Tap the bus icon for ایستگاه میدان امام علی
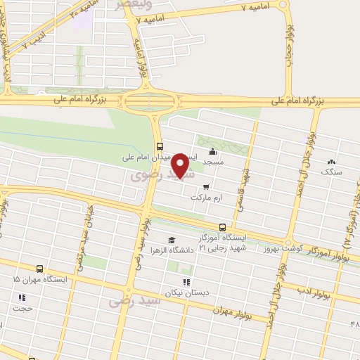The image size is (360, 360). tap(161, 146)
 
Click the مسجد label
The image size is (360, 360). tap(213, 162)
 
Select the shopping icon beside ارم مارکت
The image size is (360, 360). tap(205, 187)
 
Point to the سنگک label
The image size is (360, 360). tap(329, 171)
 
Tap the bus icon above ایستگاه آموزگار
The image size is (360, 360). tap(222, 227)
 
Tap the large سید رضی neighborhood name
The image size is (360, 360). tap(135, 302)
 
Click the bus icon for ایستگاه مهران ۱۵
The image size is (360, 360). tap(39, 269)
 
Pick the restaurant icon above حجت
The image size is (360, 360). tap(20, 297)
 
